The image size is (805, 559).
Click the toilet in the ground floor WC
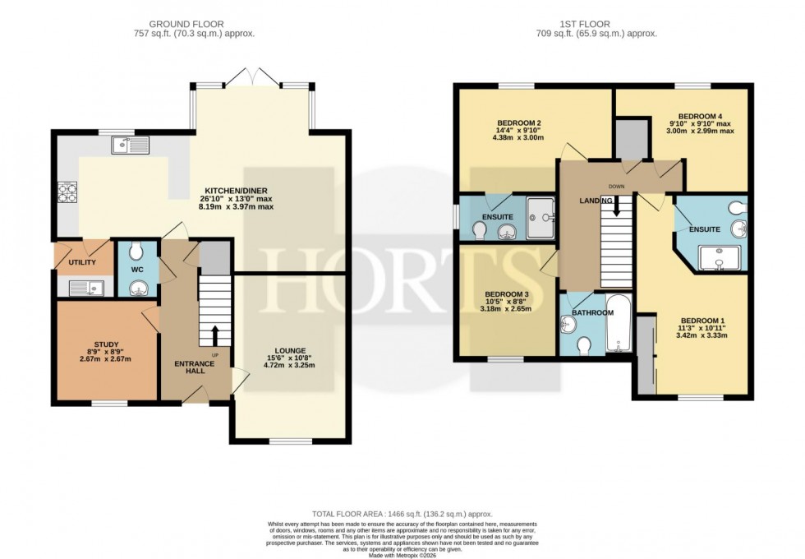click(136, 250)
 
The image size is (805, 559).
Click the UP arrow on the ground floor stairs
click(215, 333)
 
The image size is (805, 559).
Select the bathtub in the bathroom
click(617, 326)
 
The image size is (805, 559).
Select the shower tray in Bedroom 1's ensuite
click(720, 258)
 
